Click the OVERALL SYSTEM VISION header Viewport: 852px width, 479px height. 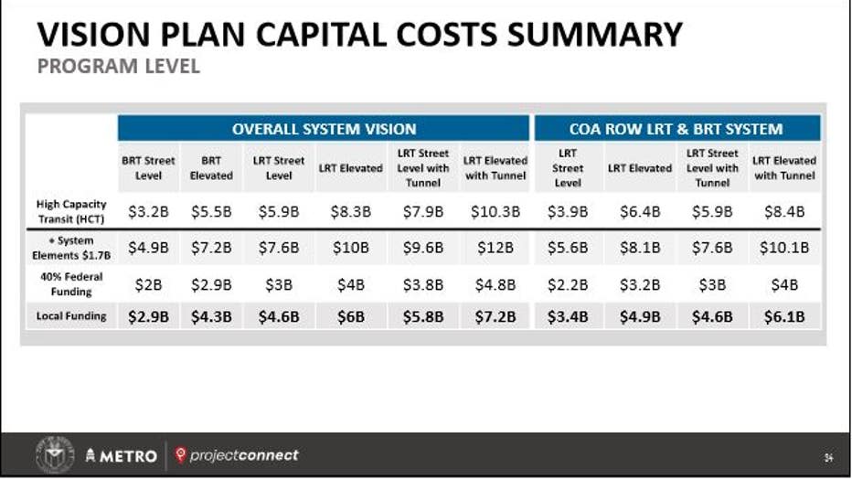[324, 129]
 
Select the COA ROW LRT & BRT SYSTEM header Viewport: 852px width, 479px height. [676, 129]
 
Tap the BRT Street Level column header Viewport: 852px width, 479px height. [148, 168]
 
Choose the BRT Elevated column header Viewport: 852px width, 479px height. [211, 168]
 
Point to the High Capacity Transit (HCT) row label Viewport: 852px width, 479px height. [71, 211]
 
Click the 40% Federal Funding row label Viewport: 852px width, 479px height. [71, 284]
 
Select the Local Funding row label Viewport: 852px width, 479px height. [71, 316]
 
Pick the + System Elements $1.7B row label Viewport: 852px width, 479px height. [71, 248]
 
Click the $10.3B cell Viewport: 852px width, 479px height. [495, 211]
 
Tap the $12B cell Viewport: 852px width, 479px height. [495, 248]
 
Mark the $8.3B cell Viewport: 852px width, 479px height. [350, 211]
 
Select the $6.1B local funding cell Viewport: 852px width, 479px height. [784, 316]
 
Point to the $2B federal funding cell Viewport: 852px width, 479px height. [148, 284]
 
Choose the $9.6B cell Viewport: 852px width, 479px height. [422, 248]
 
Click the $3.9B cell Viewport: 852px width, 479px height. [568, 211]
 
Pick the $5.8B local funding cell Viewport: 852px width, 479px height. [422, 316]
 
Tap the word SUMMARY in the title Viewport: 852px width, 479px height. [595, 34]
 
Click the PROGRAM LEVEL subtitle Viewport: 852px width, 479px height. [119, 66]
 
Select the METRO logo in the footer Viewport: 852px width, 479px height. [122, 455]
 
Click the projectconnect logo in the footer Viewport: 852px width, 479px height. [237, 455]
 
